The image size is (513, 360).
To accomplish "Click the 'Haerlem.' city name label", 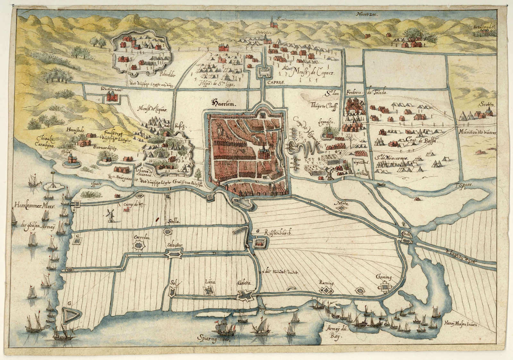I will point(223,103).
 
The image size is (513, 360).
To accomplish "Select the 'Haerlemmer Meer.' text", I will point(34,206).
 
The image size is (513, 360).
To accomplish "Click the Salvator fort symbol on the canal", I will point(174,254).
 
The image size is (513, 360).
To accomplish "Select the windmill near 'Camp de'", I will point(111,214).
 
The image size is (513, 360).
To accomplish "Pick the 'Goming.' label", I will point(385,277).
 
